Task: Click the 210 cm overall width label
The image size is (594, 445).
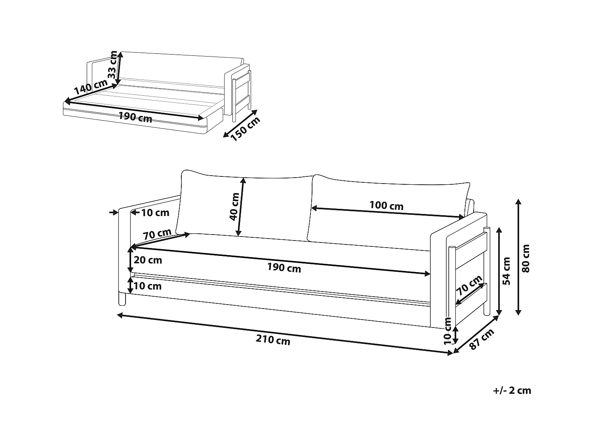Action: coord(273,340)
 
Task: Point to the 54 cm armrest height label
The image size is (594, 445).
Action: coord(506,271)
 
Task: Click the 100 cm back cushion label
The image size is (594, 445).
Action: coord(386,206)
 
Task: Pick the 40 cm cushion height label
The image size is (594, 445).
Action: coord(234,207)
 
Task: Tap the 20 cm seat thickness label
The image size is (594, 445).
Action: coord(148,260)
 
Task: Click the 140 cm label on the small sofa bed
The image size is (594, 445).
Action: coord(91,87)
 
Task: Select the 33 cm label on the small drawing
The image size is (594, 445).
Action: coord(112,64)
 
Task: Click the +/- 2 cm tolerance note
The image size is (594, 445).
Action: coord(512,390)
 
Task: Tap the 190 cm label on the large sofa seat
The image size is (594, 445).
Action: coord(284,268)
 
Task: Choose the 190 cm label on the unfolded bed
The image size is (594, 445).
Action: coord(135,117)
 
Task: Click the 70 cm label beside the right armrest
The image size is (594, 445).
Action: coord(469,285)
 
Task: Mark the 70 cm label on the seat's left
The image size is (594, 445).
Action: coord(157,234)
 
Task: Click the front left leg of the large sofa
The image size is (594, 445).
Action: coord(122,299)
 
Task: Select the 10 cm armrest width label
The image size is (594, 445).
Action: coord(155,213)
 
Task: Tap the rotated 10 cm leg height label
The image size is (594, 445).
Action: coord(447,331)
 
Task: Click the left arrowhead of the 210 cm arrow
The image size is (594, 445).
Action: coord(120,315)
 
